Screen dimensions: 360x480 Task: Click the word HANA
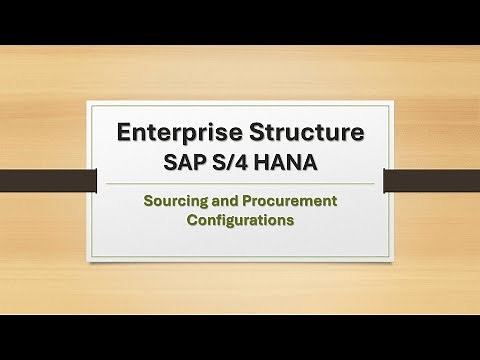click(x=297, y=161)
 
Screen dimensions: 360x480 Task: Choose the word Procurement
click(x=291, y=201)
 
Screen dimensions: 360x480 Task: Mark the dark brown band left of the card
click(x=44, y=180)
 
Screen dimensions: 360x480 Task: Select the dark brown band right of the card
click(x=431, y=180)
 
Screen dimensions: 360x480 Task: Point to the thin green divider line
click(x=240, y=184)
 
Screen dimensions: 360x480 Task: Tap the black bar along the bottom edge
click(x=240, y=337)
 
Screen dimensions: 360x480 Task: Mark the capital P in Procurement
click(x=251, y=201)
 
